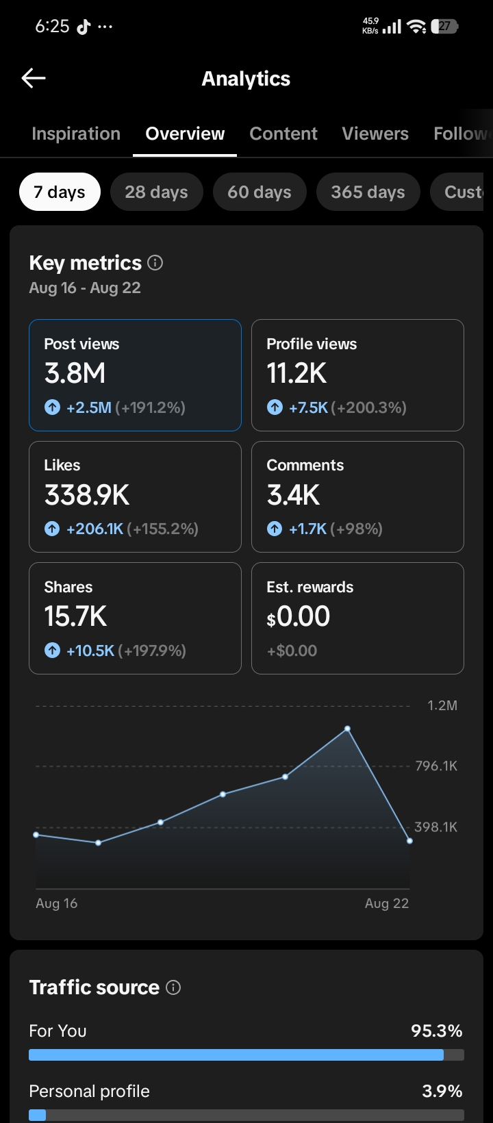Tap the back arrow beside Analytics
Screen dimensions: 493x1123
[34, 78]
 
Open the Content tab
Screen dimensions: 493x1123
[283, 134]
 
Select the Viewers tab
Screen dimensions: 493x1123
[375, 134]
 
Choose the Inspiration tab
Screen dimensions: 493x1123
[76, 134]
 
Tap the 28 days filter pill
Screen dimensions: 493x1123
[157, 192]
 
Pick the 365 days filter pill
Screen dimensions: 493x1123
[368, 192]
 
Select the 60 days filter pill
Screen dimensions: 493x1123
[260, 192]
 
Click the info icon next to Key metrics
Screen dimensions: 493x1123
[155, 263]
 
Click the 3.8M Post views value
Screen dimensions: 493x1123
[75, 373]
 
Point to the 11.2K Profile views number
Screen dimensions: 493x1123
[296, 373]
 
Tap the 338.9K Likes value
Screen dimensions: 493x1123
[87, 495]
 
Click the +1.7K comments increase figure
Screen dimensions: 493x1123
[308, 529]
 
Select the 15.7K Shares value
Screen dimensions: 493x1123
[75, 616]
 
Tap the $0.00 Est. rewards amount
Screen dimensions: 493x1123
[299, 616]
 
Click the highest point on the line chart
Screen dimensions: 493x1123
[348, 729]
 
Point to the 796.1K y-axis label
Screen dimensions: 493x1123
[436, 766]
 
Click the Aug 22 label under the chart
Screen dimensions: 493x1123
[387, 903]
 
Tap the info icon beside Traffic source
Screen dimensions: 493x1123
[173, 987]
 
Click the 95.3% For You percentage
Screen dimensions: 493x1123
[436, 1031]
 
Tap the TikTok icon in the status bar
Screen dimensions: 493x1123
[84, 26]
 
